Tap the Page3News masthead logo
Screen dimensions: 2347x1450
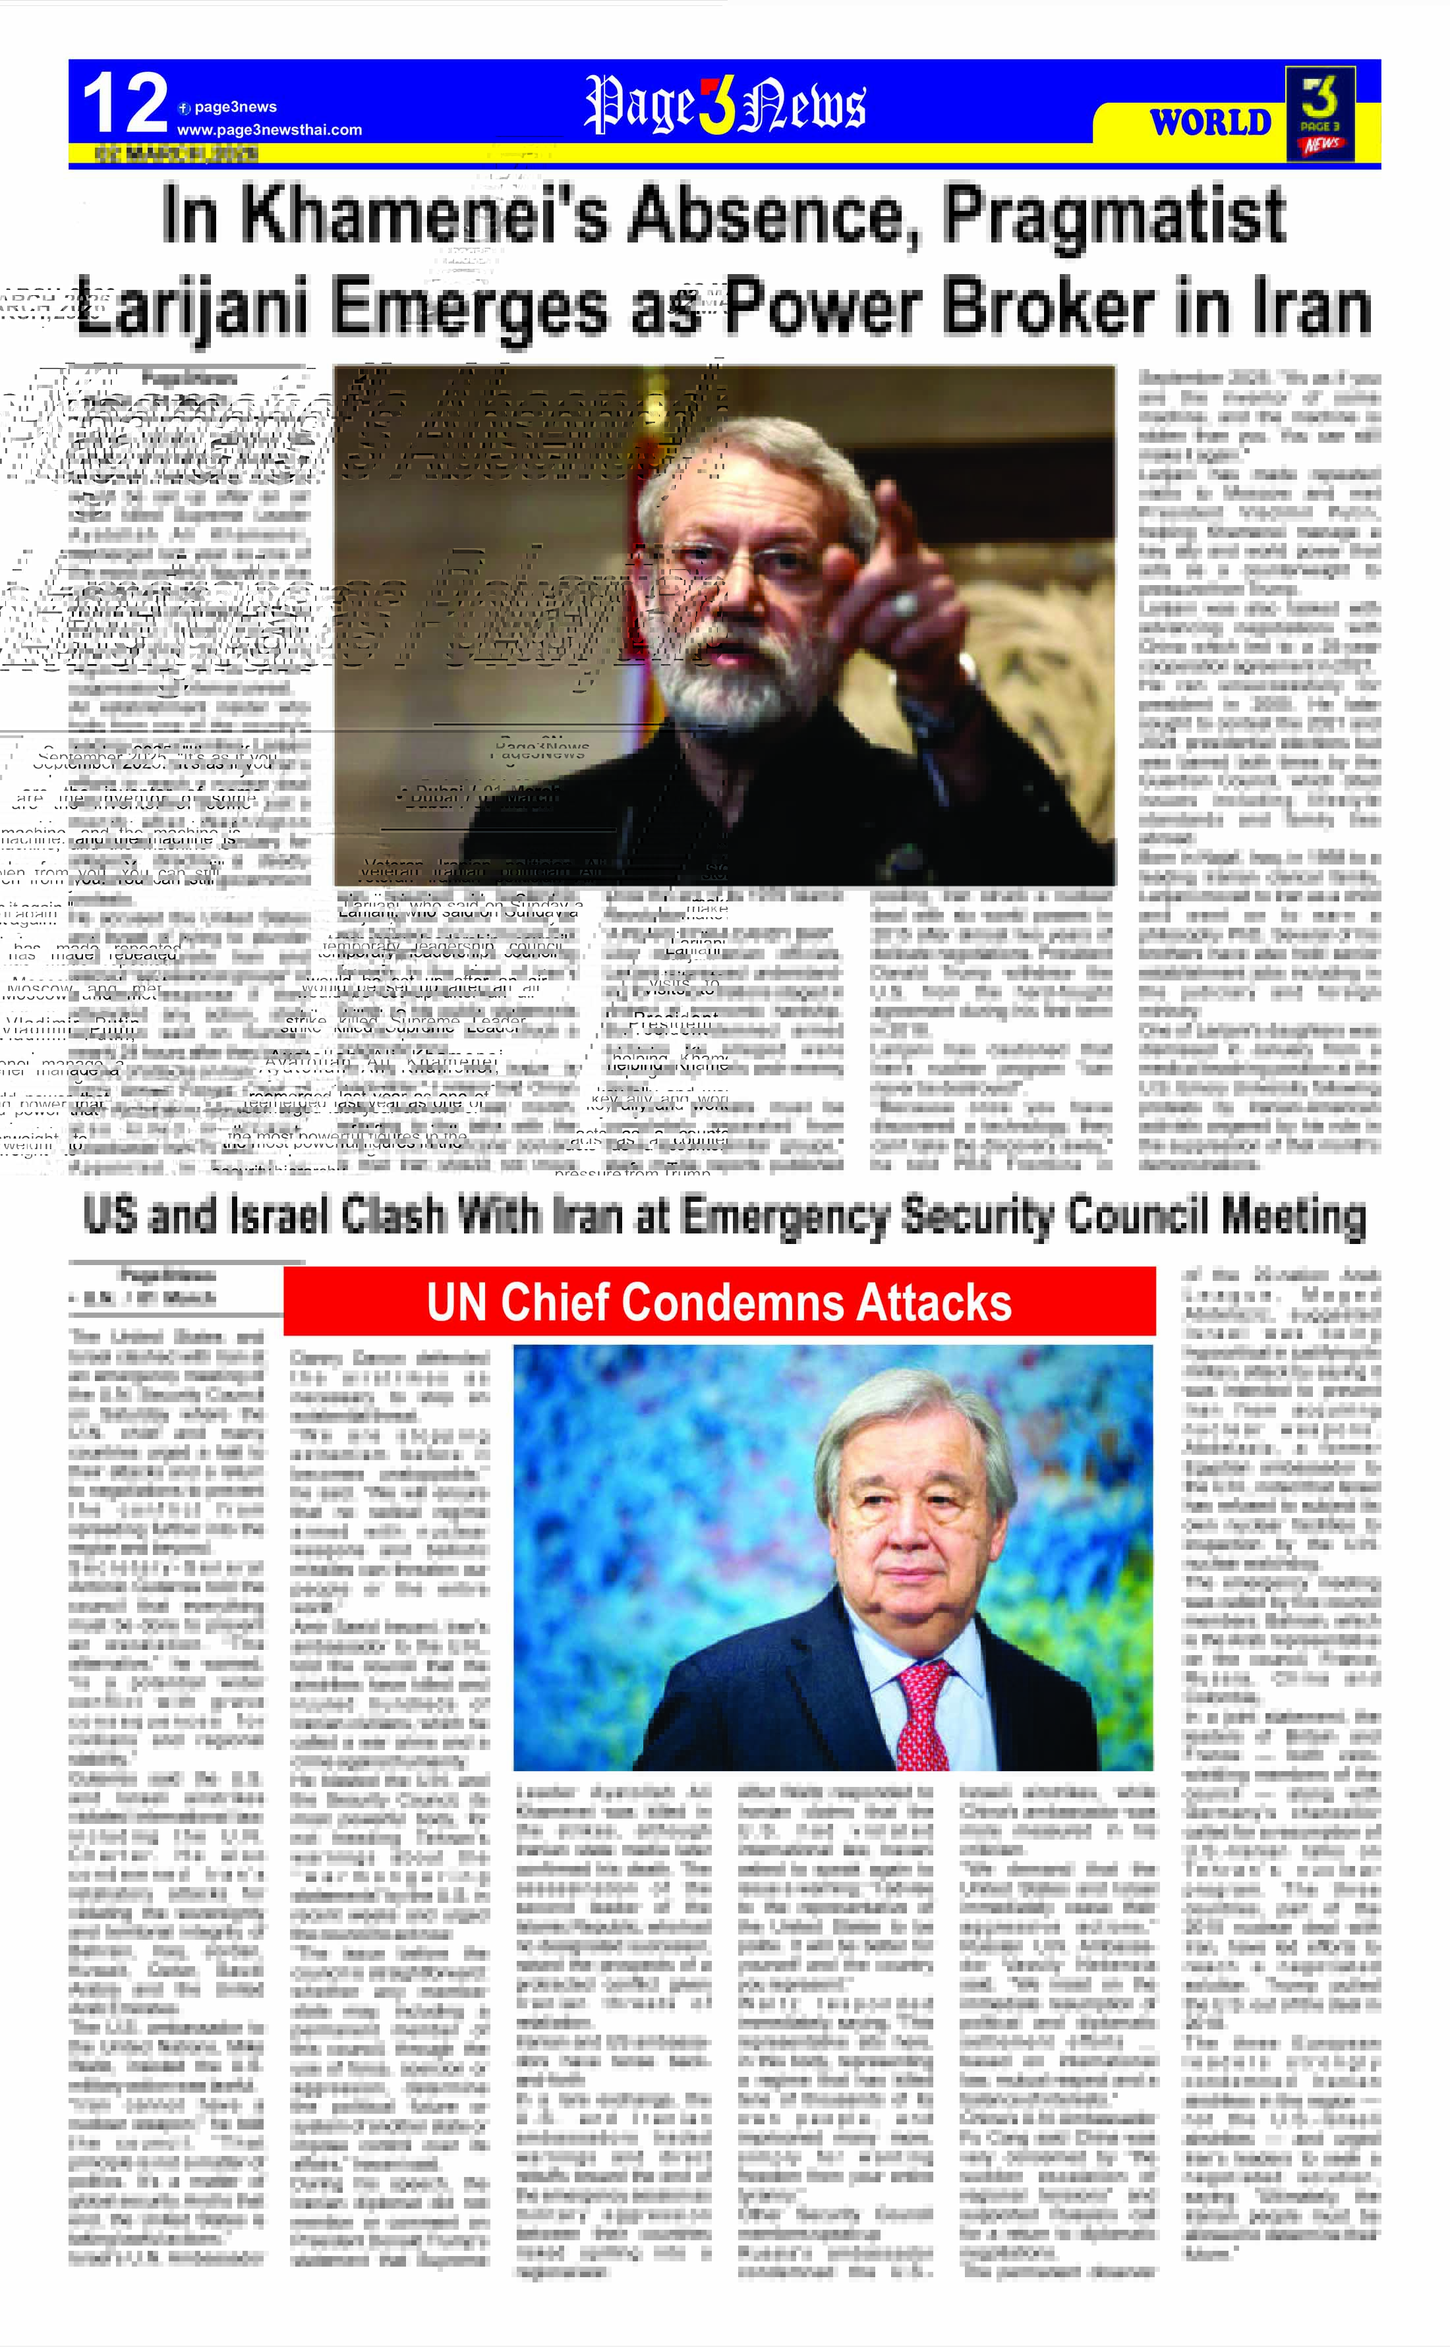click(x=725, y=105)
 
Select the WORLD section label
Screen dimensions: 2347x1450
click(x=1210, y=123)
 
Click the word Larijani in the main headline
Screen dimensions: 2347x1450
click(x=192, y=307)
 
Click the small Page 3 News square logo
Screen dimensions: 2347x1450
click(x=1321, y=113)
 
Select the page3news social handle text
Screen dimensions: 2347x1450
click(x=235, y=107)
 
